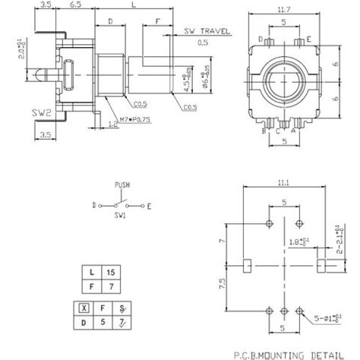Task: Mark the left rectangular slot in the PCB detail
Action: click(x=248, y=266)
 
